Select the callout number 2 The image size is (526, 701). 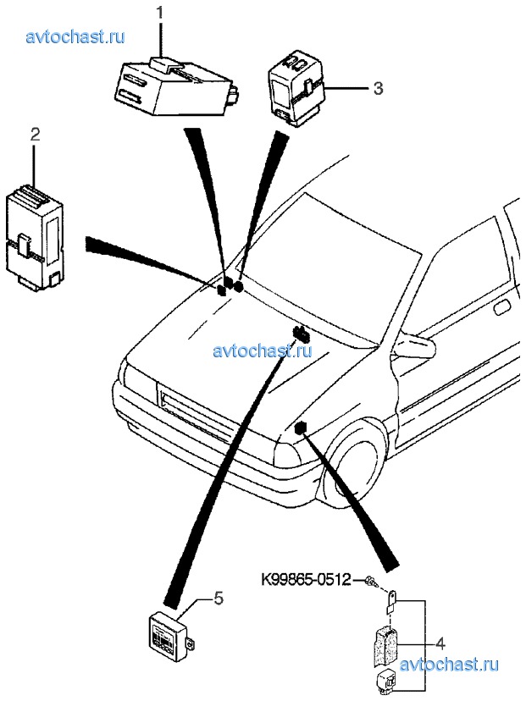(x=35, y=134)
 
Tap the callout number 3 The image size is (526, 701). (x=378, y=87)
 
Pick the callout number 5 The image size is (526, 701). (x=218, y=599)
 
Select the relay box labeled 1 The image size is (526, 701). (x=174, y=85)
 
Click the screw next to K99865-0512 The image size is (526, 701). (x=372, y=582)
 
